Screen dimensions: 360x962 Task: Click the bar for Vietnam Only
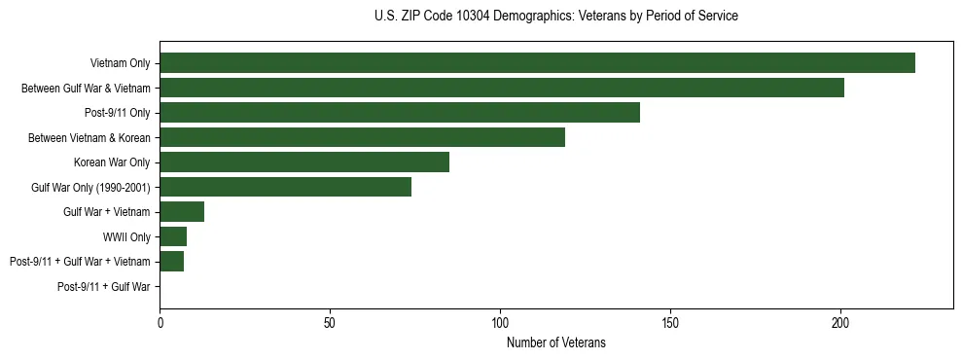tap(537, 63)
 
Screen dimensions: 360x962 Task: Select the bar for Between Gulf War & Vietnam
tap(502, 88)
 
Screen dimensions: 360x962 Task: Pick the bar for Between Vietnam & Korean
tap(362, 137)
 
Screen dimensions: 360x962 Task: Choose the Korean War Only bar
tap(304, 162)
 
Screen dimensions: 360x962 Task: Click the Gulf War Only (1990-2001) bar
tap(286, 187)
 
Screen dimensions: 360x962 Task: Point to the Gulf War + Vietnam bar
tap(182, 212)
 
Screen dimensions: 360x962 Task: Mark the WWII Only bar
tap(173, 236)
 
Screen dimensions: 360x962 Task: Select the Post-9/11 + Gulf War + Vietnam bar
tap(171, 262)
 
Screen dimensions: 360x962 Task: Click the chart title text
tap(555, 17)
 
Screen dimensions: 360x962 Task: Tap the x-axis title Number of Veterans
tap(555, 342)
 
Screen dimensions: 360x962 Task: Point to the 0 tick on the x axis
tap(160, 323)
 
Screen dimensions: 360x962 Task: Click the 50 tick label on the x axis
tap(330, 323)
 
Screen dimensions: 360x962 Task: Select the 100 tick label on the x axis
tap(500, 323)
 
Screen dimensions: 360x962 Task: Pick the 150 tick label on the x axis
tap(670, 323)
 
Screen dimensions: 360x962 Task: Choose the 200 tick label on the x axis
tap(840, 323)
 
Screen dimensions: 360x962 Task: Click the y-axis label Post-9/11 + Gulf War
tap(103, 287)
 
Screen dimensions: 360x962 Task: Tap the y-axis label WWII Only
tap(126, 237)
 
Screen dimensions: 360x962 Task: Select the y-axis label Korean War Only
tap(112, 162)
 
